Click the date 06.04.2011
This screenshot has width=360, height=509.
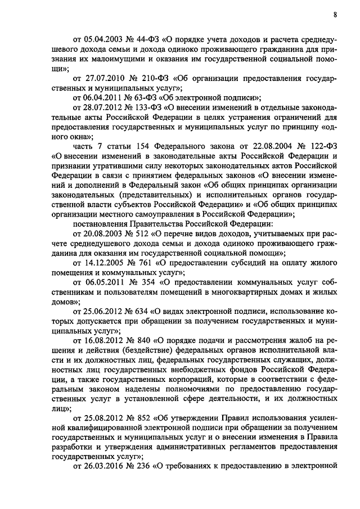[x=103, y=97]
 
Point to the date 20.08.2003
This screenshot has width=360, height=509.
[x=103, y=233]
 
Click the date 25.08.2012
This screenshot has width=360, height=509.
[x=103, y=417]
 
